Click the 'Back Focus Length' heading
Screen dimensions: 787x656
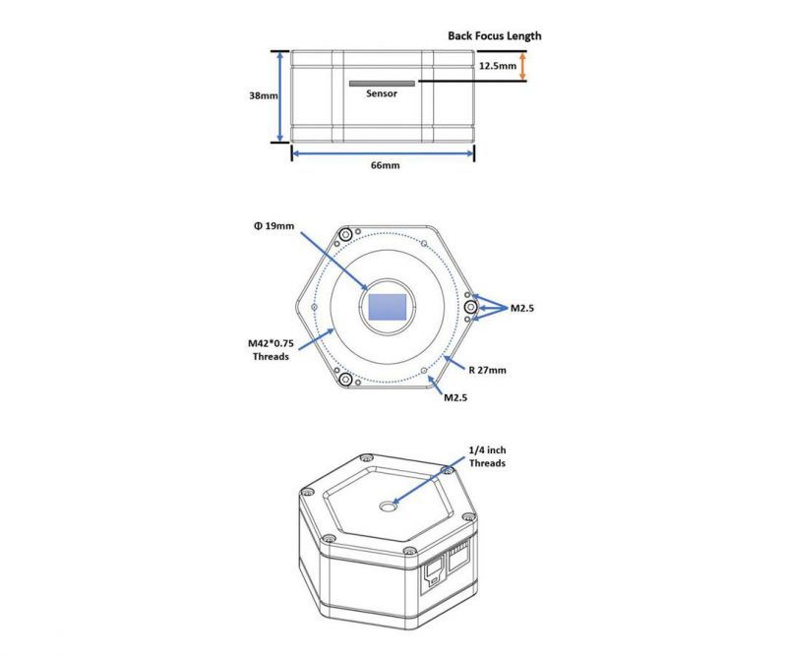pyautogui.click(x=495, y=35)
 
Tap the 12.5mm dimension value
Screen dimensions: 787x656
pyautogui.click(x=498, y=66)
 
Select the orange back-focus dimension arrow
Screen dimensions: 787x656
pyautogui.click(x=522, y=66)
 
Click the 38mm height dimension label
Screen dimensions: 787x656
pyautogui.click(x=264, y=95)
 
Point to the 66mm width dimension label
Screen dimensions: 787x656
pyautogui.click(x=386, y=165)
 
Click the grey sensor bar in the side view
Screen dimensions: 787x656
pyautogui.click(x=382, y=84)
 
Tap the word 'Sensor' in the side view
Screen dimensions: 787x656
pyautogui.click(x=382, y=93)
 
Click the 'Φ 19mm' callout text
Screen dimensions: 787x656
pyautogui.click(x=274, y=226)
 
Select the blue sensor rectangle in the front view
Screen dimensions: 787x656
pyautogui.click(x=388, y=307)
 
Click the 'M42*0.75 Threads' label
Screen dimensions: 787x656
pyautogui.click(x=272, y=350)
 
